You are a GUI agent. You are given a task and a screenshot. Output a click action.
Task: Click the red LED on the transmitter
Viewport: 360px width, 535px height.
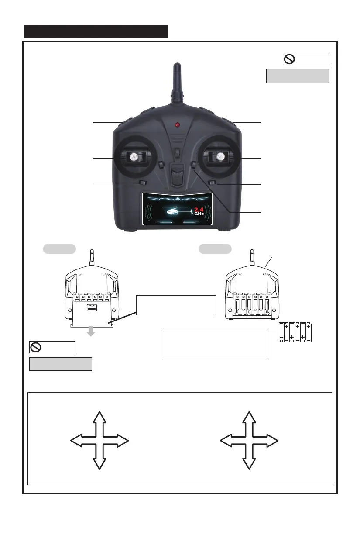click(177, 125)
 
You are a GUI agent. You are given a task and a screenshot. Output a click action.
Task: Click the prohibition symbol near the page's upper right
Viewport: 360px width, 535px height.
click(290, 59)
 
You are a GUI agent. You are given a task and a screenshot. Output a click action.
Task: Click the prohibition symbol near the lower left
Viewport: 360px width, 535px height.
click(37, 347)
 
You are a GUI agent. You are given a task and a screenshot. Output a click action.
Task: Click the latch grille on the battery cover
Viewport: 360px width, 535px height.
click(91, 308)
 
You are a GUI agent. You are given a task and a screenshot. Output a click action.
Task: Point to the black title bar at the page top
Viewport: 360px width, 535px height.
click(96, 31)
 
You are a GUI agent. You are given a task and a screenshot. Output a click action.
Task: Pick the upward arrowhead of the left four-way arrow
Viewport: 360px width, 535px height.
click(100, 417)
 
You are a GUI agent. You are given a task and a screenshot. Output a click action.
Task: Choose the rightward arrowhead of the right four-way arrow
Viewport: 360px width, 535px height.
click(272, 440)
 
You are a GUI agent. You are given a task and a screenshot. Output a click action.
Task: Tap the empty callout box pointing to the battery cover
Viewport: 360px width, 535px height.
click(176, 305)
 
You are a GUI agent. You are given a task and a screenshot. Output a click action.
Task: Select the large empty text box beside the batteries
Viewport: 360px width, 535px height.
click(214, 344)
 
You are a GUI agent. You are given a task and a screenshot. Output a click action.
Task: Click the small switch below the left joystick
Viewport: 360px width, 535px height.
click(141, 183)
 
